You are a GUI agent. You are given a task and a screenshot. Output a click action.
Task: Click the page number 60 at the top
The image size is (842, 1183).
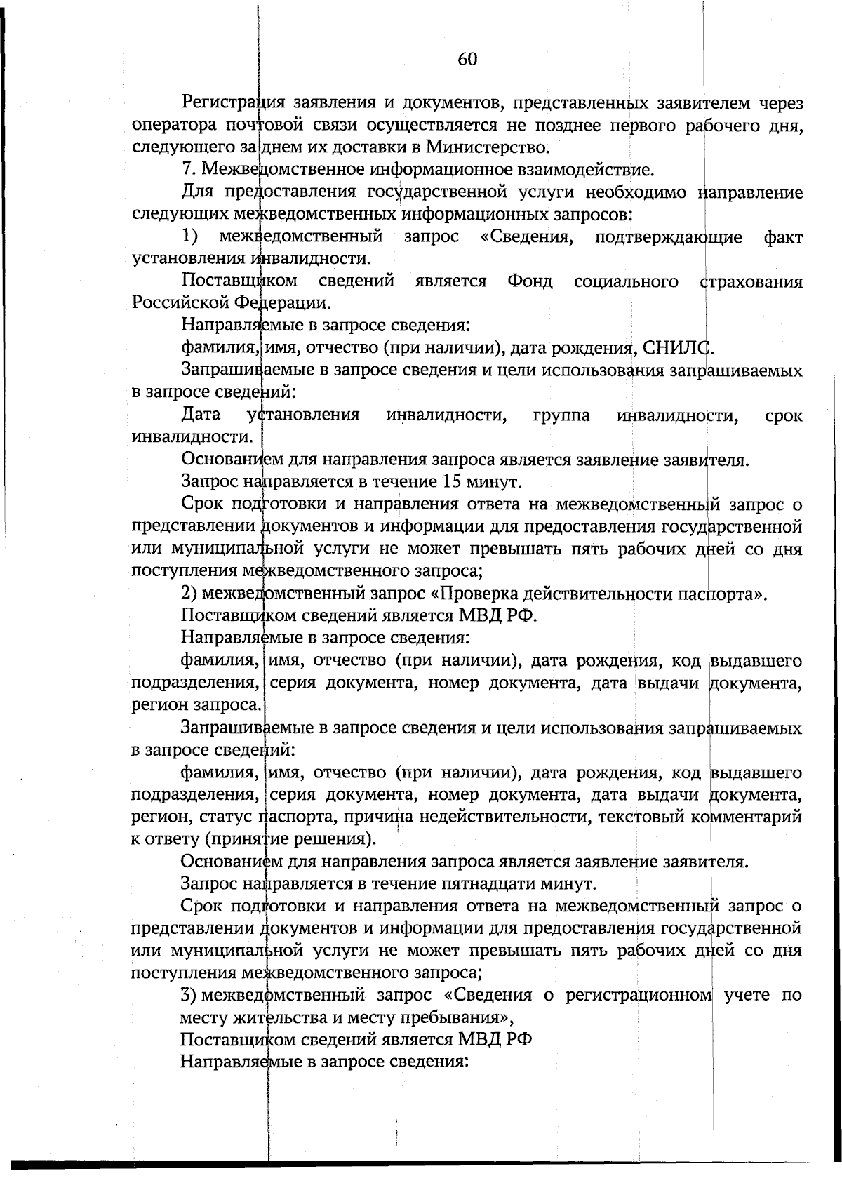(x=467, y=60)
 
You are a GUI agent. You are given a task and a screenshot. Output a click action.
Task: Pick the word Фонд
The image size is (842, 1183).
(x=530, y=281)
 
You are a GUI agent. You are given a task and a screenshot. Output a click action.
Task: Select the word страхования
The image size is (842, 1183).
(x=751, y=281)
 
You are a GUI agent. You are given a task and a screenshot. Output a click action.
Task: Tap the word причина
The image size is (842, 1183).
(x=415, y=817)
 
